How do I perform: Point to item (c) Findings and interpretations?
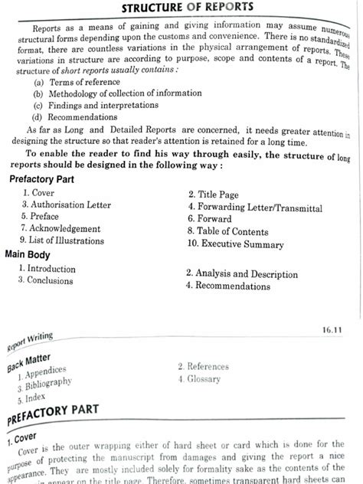tap(89, 106)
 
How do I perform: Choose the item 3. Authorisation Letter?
tap(66, 205)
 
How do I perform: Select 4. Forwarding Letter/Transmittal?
tap(255, 208)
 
